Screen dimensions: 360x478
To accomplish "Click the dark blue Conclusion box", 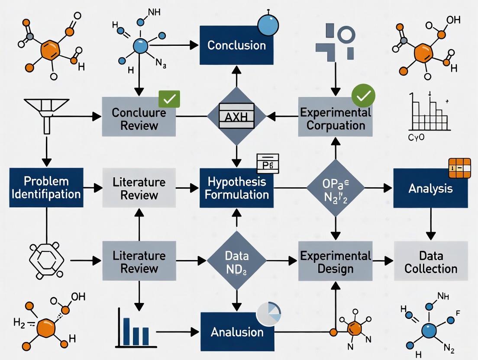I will tap(236, 45).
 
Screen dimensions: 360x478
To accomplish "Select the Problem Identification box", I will tap(46, 187).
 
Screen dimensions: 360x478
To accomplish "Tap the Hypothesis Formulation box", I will tap(236, 188).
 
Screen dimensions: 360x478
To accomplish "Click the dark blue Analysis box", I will tap(430, 188).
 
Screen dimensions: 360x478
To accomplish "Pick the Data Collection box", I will tap(431, 262).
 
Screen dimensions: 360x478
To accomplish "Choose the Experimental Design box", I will tap(335, 262).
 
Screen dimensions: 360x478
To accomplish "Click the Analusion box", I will tap(237, 332).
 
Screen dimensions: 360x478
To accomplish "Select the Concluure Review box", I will tap(139, 119).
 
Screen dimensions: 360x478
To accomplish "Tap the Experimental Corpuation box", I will tap(335, 119).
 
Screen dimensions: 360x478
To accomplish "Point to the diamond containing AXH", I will tap(236, 116).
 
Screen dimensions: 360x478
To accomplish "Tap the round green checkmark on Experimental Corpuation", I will tap(363, 96).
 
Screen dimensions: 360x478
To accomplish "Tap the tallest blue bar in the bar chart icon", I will tap(126, 332).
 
